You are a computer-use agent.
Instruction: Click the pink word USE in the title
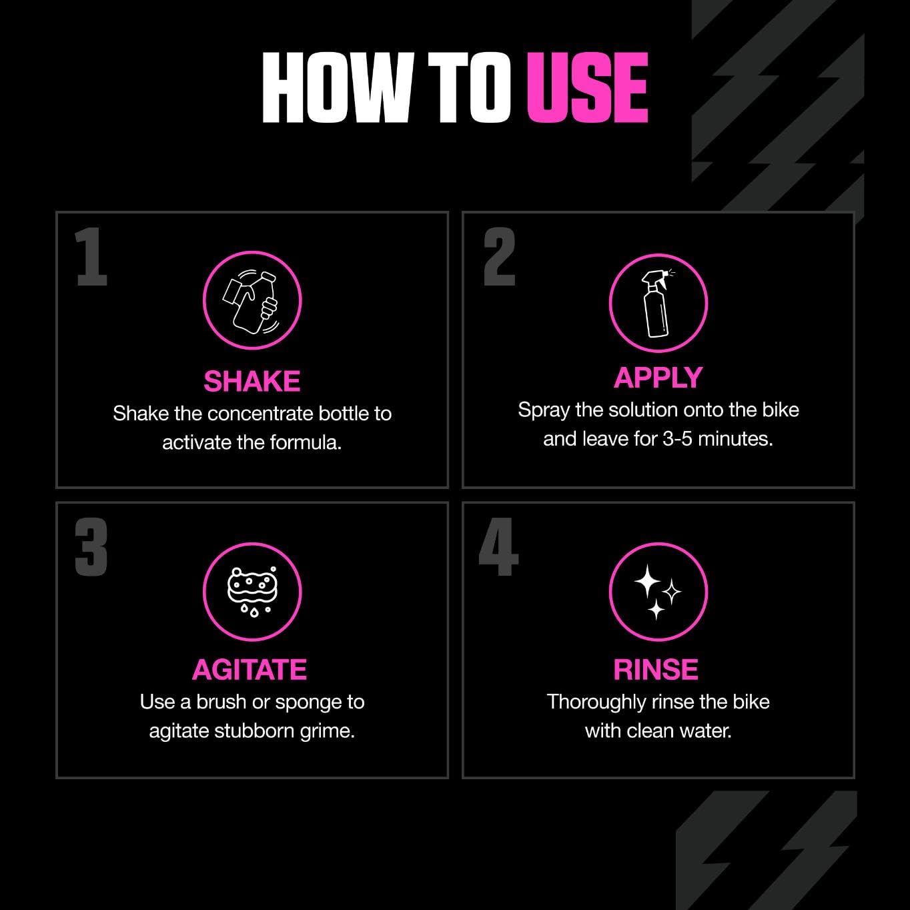[587, 87]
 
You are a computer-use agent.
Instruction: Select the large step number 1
[91, 257]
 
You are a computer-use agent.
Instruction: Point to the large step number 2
[500, 257]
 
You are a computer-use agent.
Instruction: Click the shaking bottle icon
[252, 301]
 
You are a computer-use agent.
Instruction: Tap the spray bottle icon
[658, 303]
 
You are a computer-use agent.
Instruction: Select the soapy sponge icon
[252, 592]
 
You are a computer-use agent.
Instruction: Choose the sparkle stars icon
[658, 592]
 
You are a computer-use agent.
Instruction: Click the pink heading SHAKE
[252, 382]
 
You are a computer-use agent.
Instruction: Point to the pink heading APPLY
[658, 378]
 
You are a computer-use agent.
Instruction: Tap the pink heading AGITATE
[250, 670]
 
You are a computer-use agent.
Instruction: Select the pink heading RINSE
[656, 670]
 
